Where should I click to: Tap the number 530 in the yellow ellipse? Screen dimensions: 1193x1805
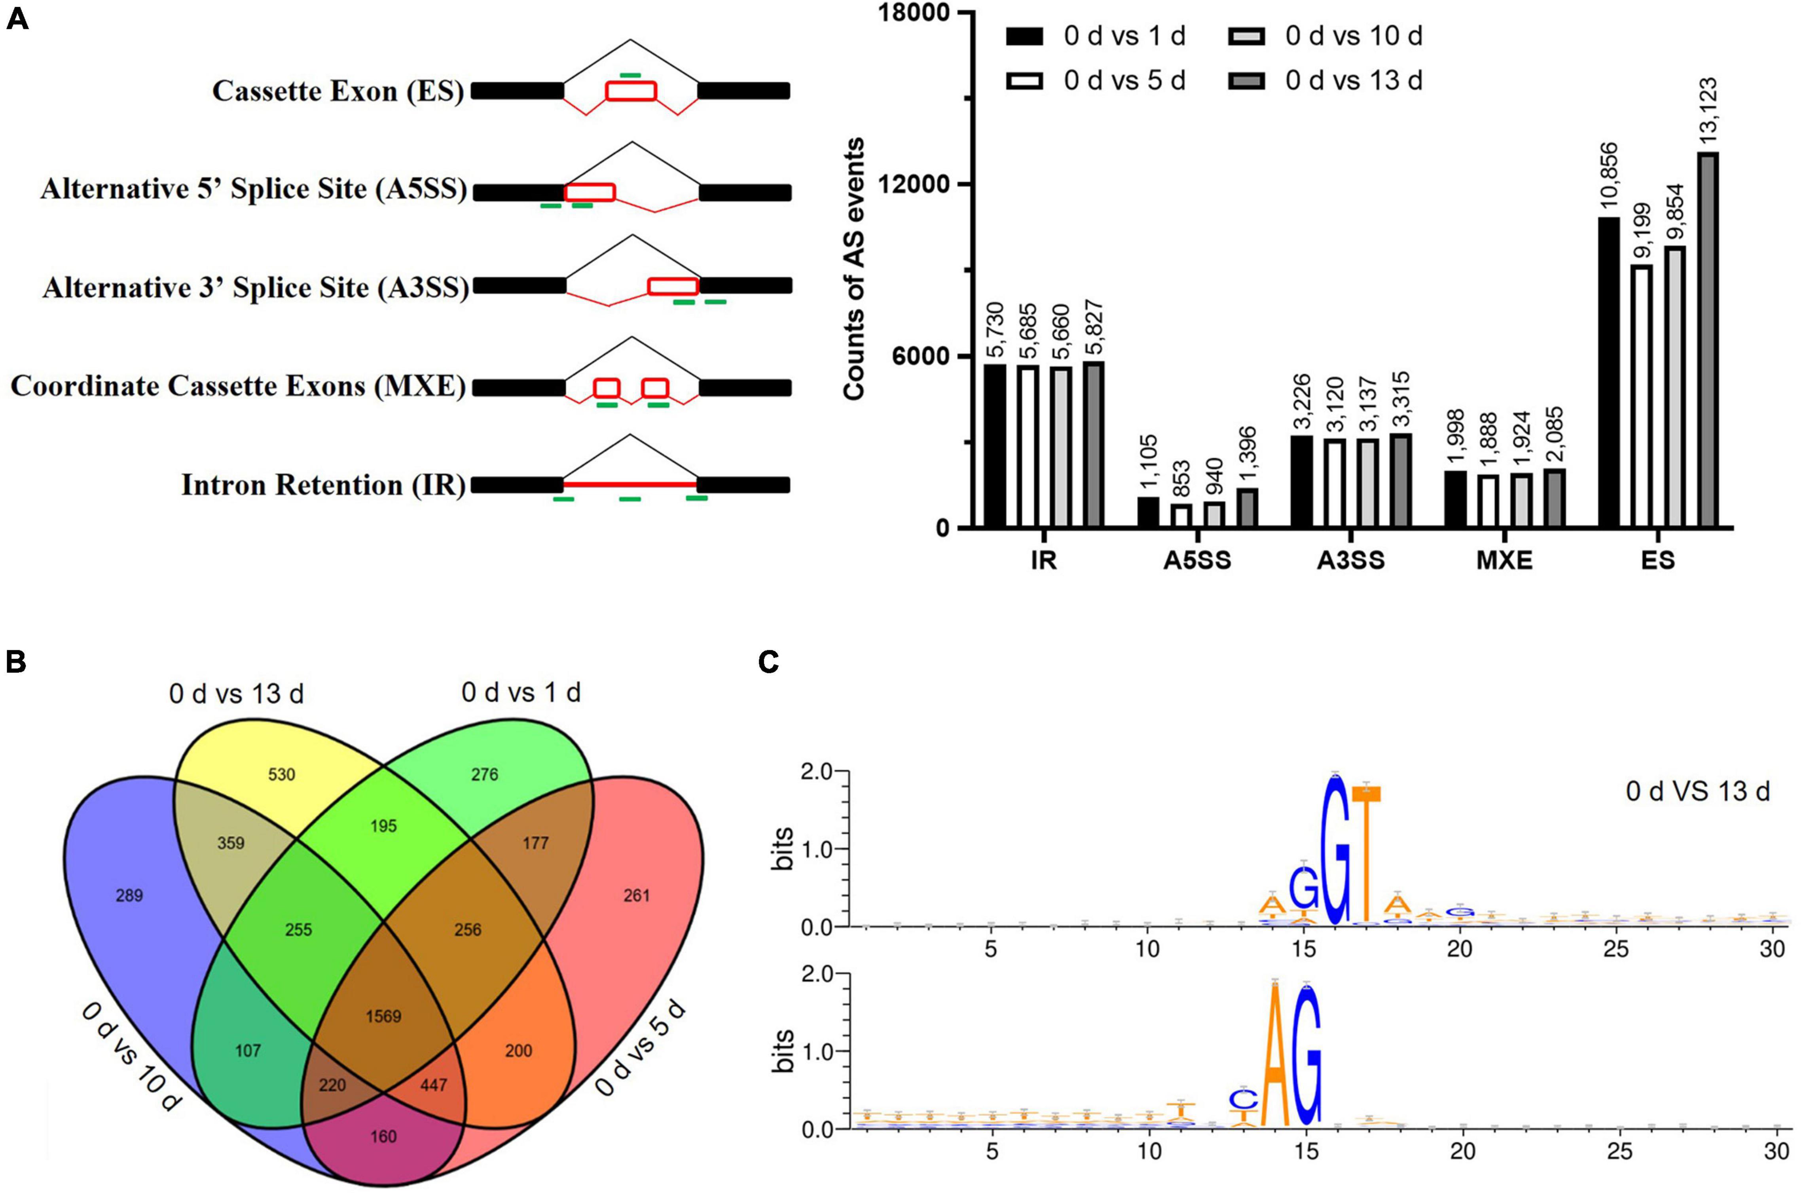(x=281, y=774)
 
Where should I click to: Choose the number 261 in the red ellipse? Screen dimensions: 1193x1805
(x=637, y=895)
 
